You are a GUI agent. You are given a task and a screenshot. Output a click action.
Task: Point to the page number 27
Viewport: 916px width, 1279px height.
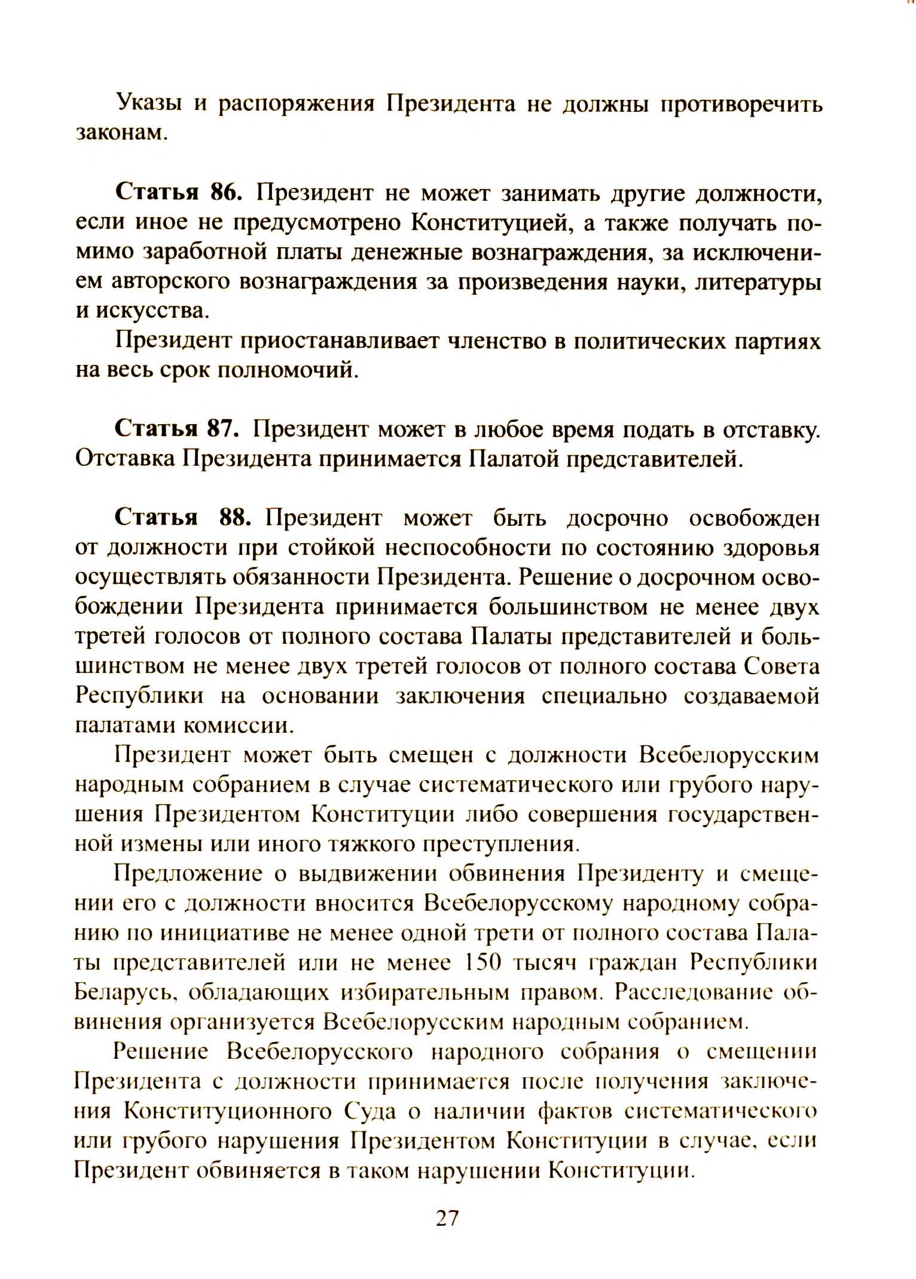[x=447, y=1218]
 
